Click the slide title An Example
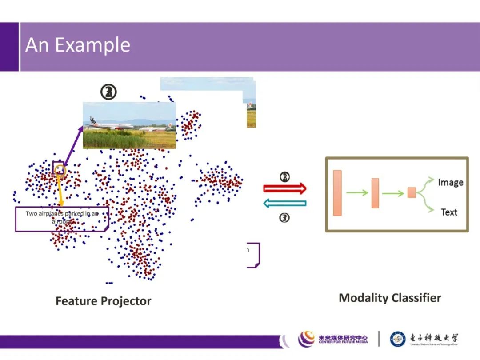[x=78, y=45]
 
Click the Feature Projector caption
[x=103, y=301]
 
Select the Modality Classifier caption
[x=390, y=298]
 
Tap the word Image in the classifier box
[x=450, y=182]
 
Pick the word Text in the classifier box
[x=449, y=212]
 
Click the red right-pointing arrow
[x=284, y=188]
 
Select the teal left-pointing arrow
[x=284, y=204]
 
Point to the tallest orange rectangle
[x=337, y=193]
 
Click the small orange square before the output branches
[x=412, y=192]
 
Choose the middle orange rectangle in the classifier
[x=375, y=193]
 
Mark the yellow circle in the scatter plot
[x=60, y=170]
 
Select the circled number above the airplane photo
[x=108, y=92]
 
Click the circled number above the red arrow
[x=284, y=177]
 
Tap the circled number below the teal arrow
[x=284, y=218]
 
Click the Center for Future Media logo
[x=333, y=339]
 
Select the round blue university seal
[x=398, y=339]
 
